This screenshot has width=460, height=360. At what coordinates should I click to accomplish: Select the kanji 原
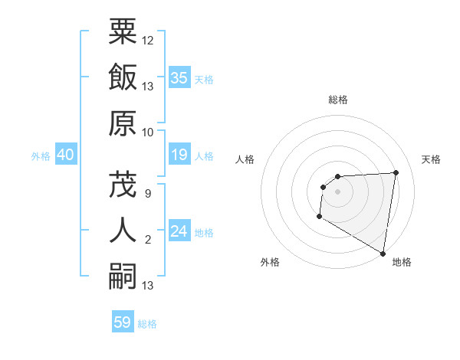(x=123, y=123)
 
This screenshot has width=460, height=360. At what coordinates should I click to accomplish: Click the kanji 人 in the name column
(x=123, y=231)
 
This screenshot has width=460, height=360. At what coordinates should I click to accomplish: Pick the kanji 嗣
(x=123, y=277)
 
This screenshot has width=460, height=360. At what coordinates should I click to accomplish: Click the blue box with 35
(x=179, y=78)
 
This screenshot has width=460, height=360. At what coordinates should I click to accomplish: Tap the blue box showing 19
(x=179, y=155)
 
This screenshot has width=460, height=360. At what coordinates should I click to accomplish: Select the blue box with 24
(x=179, y=231)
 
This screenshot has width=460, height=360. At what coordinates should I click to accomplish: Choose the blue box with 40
(x=65, y=155)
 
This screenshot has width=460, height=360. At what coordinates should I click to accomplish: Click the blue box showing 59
(x=123, y=322)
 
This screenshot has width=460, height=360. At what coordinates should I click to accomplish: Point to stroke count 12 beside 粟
(x=148, y=40)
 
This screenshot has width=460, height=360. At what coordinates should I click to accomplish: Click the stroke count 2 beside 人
(x=148, y=240)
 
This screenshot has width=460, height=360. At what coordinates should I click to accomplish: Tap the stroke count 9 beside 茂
(x=148, y=193)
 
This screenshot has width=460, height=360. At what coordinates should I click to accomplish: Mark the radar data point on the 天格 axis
(x=396, y=172)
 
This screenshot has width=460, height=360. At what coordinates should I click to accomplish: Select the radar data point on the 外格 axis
(x=319, y=217)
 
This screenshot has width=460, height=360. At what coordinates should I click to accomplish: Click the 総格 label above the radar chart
(x=338, y=100)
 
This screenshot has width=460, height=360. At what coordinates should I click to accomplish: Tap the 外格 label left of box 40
(x=41, y=156)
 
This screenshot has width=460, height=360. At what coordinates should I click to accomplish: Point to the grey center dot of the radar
(x=337, y=191)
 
